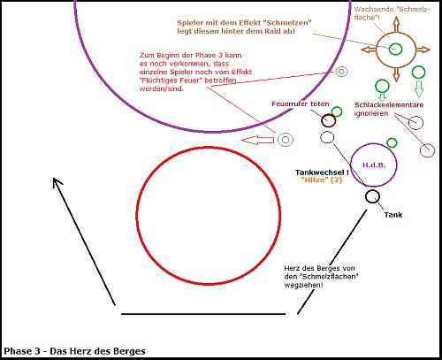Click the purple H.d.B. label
click(x=374, y=165)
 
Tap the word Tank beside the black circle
click(x=393, y=215)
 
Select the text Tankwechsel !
click(x=322, y=172)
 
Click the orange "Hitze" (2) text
click(x=322, y=180)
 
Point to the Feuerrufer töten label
click(x=301, y=104)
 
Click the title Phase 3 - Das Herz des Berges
click(x=74, y=351)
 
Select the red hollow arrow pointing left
click(x=257, y=140)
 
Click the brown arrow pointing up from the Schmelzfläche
click(x=396, y=24)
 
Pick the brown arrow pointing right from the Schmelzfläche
click(x=423, y=50)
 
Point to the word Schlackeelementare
click(x=389, y=105)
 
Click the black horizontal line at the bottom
click(x=203, y=314)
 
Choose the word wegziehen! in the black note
click(x=304, y=285)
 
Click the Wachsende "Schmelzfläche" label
click(x=392, y=13)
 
